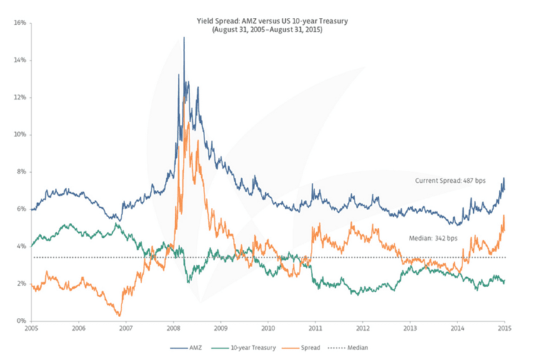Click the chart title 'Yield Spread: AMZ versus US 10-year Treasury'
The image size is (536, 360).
267,21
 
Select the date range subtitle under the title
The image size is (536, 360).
267,31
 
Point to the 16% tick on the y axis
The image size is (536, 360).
19,23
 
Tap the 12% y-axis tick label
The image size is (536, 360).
19,97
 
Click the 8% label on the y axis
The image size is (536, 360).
21,171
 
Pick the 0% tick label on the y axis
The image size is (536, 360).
21,321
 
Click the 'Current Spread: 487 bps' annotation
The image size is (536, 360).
450,181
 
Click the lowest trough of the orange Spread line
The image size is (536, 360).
119,315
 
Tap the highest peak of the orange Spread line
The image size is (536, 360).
184,93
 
